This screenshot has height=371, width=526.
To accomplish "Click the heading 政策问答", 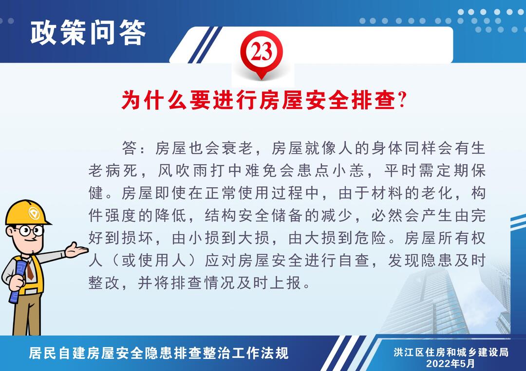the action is pyautogui.click(x=88, y=32).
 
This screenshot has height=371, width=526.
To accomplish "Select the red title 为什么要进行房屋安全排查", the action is pyautogui.click(x=259, y=100).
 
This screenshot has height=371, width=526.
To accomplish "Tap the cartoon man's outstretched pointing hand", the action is pyautogui.click(x=76, y=249).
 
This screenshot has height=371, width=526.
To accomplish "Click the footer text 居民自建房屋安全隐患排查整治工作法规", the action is pyautogui.click(x=159, y=353).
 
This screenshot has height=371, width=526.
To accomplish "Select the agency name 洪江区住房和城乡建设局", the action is pyautogui.click(x=451, y=352).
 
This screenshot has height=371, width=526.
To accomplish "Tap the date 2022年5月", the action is pyautogui.click(x=451, y=363).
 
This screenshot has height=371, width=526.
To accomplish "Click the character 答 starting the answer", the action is pyautogui.click(x=130, y=148).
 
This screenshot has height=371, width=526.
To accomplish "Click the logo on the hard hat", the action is pyautogui.click(x=34, y=213).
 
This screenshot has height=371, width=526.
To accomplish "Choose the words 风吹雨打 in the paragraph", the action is pyautogui.click(x=191, y=171).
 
